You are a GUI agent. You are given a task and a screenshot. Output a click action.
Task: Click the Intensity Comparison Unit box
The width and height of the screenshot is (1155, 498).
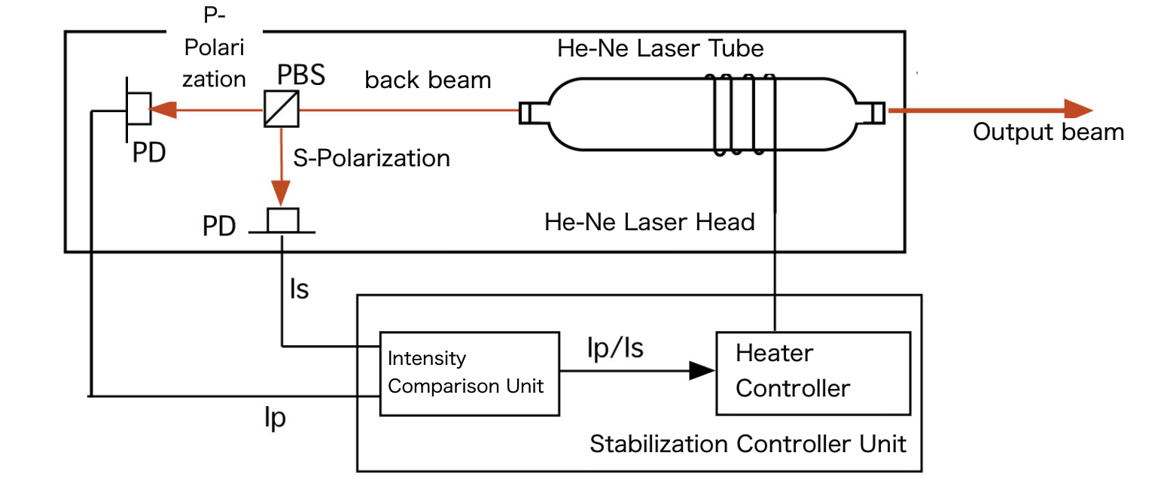469,372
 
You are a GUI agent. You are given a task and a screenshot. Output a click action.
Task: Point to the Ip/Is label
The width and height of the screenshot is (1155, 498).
614,348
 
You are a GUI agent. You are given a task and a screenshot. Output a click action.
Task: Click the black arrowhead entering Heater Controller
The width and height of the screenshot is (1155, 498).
701,370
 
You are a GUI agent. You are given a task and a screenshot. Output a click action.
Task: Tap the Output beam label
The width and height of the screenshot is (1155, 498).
1047,132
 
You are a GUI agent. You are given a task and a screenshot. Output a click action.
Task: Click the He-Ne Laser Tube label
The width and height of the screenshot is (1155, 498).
660,49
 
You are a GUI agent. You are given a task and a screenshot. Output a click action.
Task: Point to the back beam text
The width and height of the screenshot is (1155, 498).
428,80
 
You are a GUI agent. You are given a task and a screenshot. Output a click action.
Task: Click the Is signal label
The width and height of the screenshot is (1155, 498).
299,289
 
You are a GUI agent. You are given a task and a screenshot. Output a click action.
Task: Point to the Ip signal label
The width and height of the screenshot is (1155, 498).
275,418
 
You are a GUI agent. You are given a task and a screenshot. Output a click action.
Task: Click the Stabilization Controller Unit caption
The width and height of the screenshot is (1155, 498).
748,444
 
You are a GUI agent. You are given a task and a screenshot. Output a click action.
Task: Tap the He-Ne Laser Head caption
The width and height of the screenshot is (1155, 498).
649,222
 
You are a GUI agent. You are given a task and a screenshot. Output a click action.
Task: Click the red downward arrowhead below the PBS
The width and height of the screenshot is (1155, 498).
281,195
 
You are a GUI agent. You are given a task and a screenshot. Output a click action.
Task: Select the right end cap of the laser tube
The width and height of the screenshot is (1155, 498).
876,111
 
